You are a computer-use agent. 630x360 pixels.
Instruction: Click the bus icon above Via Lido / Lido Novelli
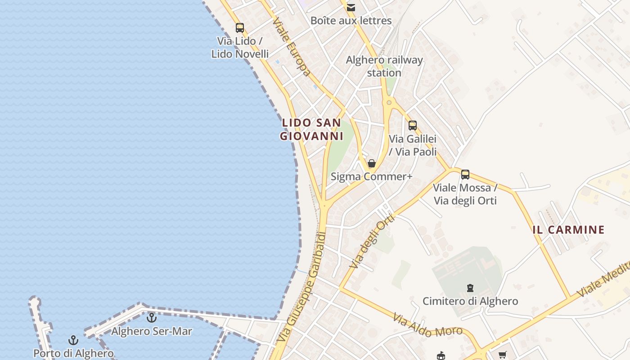[x=240, y=27]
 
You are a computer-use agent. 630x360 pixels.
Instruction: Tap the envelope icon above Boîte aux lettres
[x=351, y=7]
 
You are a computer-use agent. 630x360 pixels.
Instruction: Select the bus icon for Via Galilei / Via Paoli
[x=413, y=126]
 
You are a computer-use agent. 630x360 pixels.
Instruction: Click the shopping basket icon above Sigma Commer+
[x=372, y=163]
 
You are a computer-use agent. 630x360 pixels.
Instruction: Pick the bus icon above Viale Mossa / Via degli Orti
[x=465, y=174]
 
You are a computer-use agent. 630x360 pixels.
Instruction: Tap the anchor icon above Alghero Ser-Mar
[x=152, y=318]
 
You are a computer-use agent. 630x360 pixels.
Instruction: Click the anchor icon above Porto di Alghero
[x=73, y=340]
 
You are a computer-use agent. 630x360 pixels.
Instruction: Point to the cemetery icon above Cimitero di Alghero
[x=470, y=288]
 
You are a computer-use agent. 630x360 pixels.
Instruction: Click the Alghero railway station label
[x=384, y=66]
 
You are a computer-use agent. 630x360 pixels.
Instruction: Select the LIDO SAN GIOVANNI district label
[x=311, y=129]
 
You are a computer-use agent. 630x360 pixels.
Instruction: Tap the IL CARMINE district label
[x=568, y=230]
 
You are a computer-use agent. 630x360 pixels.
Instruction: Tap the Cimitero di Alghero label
[x=470, y=301]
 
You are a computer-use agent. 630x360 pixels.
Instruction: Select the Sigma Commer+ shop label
[x=372, y=176]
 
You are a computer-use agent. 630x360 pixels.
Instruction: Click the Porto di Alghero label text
[x=73, y=353]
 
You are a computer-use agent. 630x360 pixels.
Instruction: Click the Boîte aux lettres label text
[x=351, y=20]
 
